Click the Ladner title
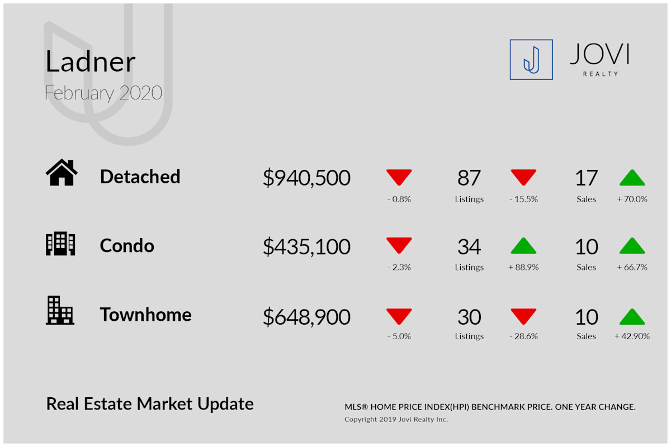tap(91, 61)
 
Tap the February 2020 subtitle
tap(103, 93)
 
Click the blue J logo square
tap(531, 60)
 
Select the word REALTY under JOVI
tap(601, 74)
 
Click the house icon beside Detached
tap(62, 172)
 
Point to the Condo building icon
tap(60, 244)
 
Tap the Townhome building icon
tap(60, 310)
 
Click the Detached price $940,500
tap(306, 178)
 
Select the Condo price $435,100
tap(306, 246)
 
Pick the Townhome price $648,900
tap(306, 317)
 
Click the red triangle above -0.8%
tap(399, 177)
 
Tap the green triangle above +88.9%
tap(523, 246)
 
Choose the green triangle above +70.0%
tap(632, 178)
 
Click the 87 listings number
tap(469, 178)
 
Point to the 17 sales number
tap(586, 178)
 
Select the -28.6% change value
tap(523, 336)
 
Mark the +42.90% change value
tap(632, 336)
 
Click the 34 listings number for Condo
tap(469, 247)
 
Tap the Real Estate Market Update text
tap(150, 404)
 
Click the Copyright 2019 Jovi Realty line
tap(396, 419)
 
